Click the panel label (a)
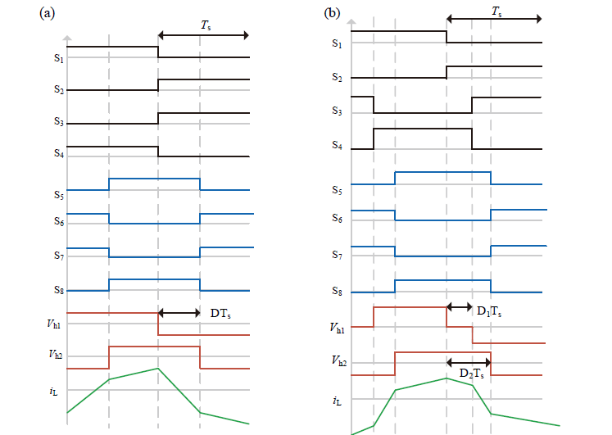coord(48,14)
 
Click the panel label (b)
coord(332,13)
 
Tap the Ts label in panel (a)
coord(206,25)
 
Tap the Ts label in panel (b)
coord(496,11)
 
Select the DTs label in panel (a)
coord(220,313)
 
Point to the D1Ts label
coord(489,311)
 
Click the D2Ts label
coord(471,374)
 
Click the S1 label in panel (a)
coord(58,58)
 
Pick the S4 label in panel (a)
coord(58,153)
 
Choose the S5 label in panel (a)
coord(58,195)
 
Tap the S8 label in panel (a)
coord(58,290)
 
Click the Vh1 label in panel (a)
coord(54,324)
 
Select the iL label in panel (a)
coord(53,392)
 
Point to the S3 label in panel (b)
coord(337,111)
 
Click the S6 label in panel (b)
coord(337,218)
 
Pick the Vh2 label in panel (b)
coord(339,360)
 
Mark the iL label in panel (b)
coord(337,401)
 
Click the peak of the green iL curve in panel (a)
coord(158,368)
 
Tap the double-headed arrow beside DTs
coord(179,313)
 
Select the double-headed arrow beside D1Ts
coord(460,307)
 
